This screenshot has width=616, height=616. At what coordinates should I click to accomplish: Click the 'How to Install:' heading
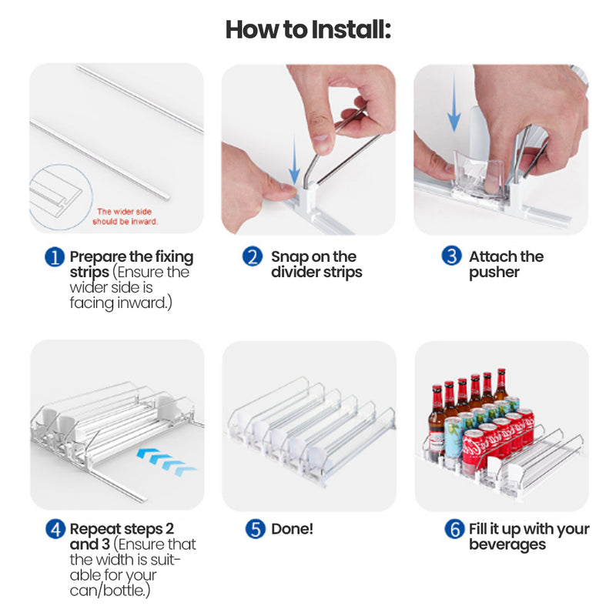pos(308,29)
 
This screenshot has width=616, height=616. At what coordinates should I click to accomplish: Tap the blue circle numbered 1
pos(55,257)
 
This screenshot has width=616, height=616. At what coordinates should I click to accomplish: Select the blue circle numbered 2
pos(253,256)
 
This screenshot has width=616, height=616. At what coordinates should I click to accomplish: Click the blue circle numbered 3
pos(451,256)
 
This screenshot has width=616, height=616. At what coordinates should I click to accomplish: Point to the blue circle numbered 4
pos(55,529)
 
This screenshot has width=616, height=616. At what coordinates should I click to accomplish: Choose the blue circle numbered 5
pos(256,529)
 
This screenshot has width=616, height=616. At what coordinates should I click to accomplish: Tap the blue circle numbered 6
pos(454,529)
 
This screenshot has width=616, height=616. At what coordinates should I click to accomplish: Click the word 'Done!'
pos(292,529)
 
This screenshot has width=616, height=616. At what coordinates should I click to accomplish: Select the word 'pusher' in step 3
pos(494,273)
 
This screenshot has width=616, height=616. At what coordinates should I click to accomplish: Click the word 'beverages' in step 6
pos(507,544)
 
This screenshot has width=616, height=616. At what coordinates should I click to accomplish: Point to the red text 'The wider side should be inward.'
pos(126,216)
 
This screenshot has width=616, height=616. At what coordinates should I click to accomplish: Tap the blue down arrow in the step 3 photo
pos(454,102)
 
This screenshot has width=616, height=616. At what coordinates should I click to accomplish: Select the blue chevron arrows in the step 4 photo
pos(166,462)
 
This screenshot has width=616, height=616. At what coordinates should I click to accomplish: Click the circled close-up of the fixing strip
pos(61,197)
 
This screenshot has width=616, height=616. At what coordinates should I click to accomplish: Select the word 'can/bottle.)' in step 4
pos(110,591)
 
